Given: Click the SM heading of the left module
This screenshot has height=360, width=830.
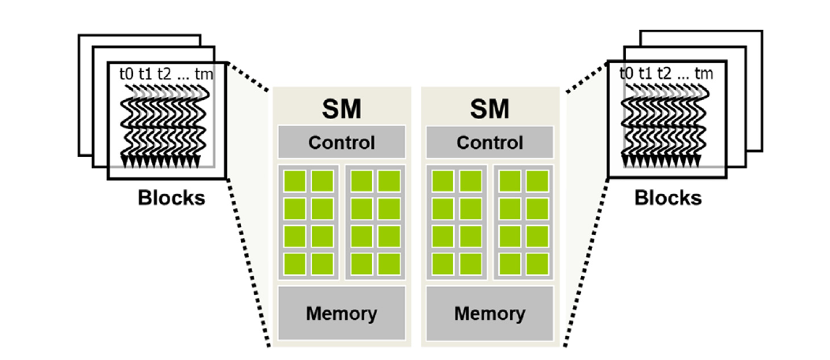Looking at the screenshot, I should pyautogui.click(x=341, y=110).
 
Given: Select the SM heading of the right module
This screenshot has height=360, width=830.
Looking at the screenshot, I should pyautogui.click(x=490, y=110).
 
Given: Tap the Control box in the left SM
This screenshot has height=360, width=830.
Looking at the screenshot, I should pyautogui.click(x=341, y=142).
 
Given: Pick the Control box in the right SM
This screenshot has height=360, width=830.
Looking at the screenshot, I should pyautogui.click(x=490, y=142).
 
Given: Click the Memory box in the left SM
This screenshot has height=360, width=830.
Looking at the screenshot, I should pyautogui.click(x=341, y=314).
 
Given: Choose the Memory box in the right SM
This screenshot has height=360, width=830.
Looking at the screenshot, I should pyautogui.click(x=490, y=314).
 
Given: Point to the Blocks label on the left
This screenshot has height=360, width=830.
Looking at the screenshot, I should pyautogui.click(x=172, y=198).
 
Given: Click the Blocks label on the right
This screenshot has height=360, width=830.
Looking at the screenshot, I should pyautogui.click(x=668, y=198).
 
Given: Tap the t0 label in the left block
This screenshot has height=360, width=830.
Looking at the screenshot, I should pyautogui.click(x=126, y=73).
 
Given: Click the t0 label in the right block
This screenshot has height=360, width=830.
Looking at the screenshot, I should pyautogui.click(x=626, y=73).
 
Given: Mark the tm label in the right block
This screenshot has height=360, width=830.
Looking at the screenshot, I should pyautogui.click(x=704, y=73).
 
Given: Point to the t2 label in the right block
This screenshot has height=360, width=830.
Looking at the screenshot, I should pyautogui.click(x=664, y=73).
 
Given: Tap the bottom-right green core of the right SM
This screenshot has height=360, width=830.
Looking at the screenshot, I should pyautogui.click(x=536, y=261).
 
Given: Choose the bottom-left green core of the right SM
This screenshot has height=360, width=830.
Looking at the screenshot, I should pyautogui.click(x=443, y=261).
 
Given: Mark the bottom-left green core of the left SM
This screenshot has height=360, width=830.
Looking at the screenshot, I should pyautogui.click(x=294, y=261).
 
